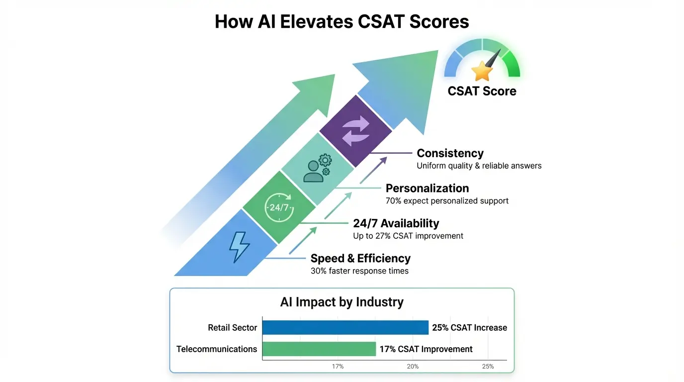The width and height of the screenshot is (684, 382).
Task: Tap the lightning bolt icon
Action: tap(239, 246)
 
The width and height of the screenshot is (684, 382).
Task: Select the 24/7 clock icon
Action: tap(279, 207)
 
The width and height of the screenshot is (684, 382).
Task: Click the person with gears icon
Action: tap(317, 168)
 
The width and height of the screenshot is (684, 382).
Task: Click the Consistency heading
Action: tap(450, 153)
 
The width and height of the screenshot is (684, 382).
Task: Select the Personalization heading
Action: tap(427, 189)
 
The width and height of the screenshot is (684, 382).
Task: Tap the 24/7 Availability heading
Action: tap(396, 223)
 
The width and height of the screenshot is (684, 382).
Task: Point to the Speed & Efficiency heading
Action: tap(360, 259)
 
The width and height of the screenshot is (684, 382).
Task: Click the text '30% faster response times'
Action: tap(359, 271)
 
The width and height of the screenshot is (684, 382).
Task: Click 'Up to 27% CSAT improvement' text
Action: tap(408, 236)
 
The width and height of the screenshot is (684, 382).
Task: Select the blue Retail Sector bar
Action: tap(345, 327)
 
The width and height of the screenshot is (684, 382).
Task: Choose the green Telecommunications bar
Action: tap(319, 349)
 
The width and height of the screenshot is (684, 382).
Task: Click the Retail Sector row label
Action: tap(232, 328)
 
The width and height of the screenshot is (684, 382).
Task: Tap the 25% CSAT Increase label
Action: tap(469, 328)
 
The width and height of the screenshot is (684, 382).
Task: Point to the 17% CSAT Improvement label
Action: tap(426, 349)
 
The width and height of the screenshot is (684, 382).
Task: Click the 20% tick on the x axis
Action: tap(413, 367)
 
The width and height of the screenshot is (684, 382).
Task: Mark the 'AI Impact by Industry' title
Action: tap(342, 302)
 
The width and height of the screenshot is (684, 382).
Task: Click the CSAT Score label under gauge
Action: tap(482, 91)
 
